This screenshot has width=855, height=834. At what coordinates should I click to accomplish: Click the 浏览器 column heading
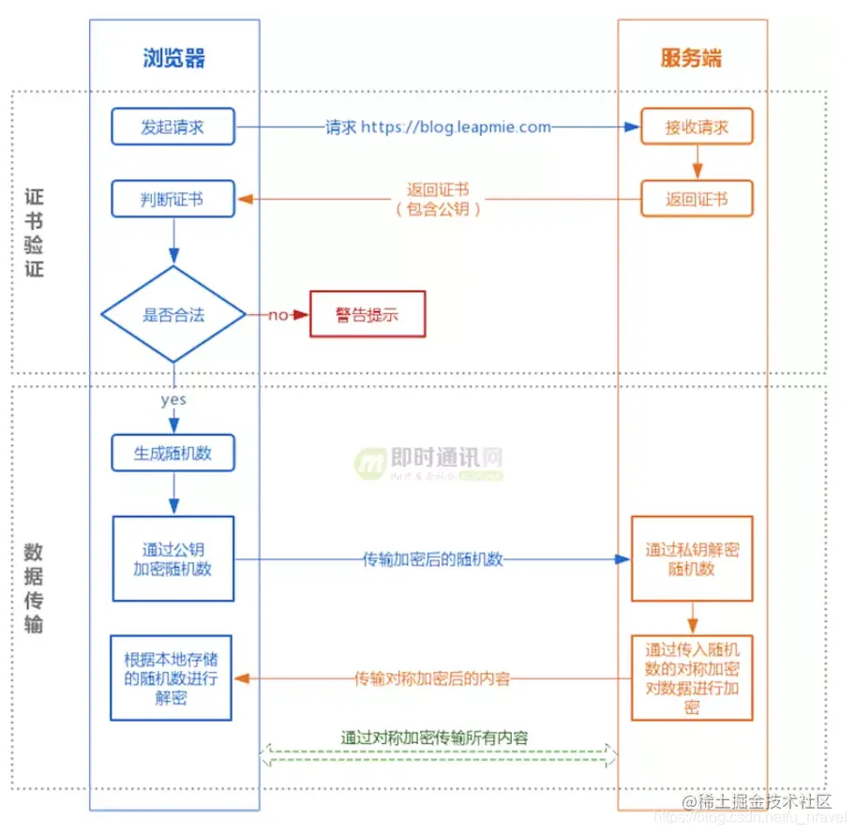173,58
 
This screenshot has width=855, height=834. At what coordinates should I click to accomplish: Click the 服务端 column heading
691,58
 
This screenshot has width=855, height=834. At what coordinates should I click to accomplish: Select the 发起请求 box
172,127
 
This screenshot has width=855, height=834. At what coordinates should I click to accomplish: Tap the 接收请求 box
697,127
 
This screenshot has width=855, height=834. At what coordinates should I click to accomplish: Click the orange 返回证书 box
697,199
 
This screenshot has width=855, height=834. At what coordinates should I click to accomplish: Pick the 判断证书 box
172,199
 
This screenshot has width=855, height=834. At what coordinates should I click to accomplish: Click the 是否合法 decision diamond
173,315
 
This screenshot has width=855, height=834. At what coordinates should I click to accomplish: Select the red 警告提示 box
367,315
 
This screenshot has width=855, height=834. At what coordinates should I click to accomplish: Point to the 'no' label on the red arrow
278,315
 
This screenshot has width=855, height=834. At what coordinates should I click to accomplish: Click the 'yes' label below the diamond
173,399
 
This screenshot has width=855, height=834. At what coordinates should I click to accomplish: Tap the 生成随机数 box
172,454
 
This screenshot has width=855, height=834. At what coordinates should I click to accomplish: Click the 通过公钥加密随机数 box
173,558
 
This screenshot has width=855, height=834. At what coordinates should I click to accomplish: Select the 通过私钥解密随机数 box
692,558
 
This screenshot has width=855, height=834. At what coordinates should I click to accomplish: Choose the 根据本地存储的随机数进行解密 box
171,677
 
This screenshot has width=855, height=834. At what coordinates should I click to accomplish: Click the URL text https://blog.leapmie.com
456,127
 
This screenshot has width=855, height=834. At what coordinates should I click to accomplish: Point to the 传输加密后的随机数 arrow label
433,559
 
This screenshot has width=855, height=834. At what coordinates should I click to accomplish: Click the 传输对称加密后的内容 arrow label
432,678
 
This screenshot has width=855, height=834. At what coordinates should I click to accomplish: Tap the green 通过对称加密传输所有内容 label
434,737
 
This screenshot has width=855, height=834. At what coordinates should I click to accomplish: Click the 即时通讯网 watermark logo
428,461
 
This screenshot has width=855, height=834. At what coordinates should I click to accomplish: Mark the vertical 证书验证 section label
34,232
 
